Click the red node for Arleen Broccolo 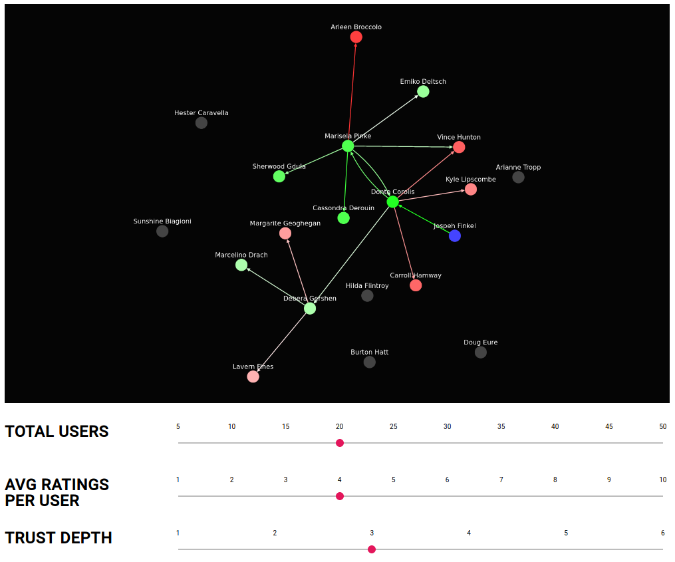(356, 37)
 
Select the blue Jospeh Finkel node (454, 236)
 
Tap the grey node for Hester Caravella (201, 123)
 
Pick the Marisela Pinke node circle (348, 146)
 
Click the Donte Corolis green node (392, 202)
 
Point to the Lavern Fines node (253, 377)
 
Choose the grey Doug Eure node (480, 352)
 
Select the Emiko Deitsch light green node (423, 92)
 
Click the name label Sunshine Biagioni (162, 221)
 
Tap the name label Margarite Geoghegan (285, 223)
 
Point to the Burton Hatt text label (369, 352)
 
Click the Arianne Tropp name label (518, 168)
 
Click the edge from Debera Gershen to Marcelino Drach (276, 287)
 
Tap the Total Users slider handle (340, 443)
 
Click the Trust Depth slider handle (372, 549)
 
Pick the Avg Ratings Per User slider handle (340, 496)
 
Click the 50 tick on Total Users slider (662, 427)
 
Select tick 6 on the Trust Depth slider (662, 533)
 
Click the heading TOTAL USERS (57, 432)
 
